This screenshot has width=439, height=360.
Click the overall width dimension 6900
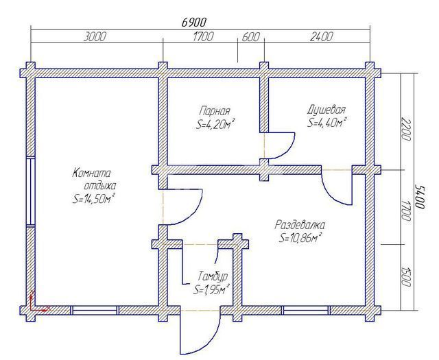point(193,22)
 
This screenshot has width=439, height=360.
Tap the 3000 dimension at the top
point(95,36)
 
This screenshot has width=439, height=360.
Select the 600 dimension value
point(250,37)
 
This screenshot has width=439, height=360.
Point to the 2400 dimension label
point(322,36)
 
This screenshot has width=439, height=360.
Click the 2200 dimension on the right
point(405,130)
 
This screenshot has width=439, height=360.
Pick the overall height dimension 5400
point(420,196)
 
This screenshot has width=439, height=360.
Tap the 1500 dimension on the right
point(405,276)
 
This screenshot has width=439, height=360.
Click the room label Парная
point(215,111)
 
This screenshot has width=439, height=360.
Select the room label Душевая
point(327,110)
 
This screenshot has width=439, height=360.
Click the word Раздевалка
point(300,225)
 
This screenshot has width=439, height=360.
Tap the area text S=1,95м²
point(212,289)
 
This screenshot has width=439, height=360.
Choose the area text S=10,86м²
point(300,238)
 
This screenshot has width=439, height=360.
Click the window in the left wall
point(30,191)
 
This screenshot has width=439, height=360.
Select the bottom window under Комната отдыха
point(95,310)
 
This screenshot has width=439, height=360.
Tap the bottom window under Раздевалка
point(306,310)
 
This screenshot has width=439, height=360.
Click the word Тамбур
point(212,276)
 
